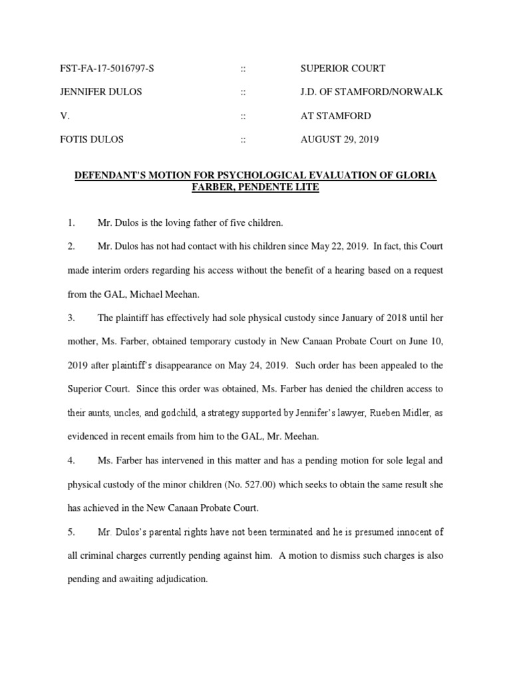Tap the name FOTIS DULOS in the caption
pyautogui.click(x=97, y=140)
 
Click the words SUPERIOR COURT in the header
pyautogui.click(x=343, y=69)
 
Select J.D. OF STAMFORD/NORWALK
pyautogui.click(x=372, y=92)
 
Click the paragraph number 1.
pyautogui.click(x=71, y=222)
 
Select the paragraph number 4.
pyautogui.click(x=71, y=461)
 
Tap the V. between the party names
pyautogui.click(x=72, y=116)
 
